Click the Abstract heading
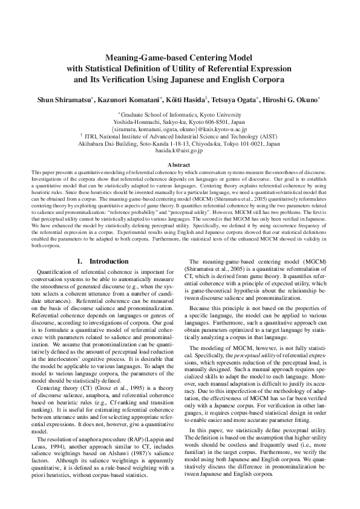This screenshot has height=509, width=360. (x=180, y=165)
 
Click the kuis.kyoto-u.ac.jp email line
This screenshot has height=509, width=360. (x=180, y=129)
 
